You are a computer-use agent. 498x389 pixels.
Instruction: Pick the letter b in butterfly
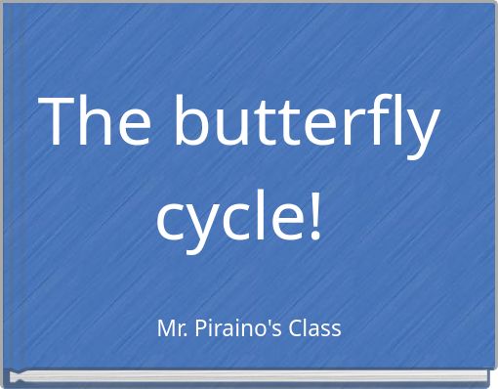tap(191, 122)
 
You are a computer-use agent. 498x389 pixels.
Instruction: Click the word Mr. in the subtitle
tap(171, 328)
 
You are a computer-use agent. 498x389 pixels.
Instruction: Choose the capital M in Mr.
tap(164, 328)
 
